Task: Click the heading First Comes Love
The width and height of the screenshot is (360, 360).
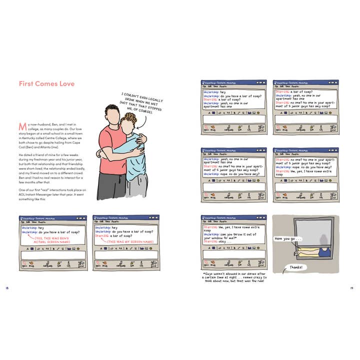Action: [46, 83]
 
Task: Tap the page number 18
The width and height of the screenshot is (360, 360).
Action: [6, 288]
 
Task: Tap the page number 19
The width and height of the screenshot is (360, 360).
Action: [352, 288]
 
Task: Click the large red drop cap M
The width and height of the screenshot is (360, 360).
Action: [22, 125]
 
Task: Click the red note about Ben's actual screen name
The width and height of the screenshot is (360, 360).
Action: [52, 240]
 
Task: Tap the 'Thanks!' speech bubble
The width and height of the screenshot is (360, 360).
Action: [295, 267]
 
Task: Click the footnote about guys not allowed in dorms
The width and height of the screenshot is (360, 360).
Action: [233, 277]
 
